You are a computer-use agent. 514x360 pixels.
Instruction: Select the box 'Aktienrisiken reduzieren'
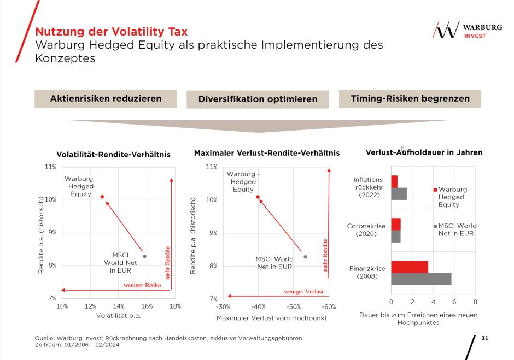click(x=106, y=99)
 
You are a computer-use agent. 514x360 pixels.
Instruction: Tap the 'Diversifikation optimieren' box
click(x=258, y=99)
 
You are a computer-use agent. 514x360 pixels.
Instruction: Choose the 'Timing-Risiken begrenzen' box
click(x=410, y=99)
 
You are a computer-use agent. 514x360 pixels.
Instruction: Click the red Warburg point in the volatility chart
click(x=102, y=197)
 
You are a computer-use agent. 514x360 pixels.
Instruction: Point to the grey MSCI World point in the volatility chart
click(x=144, y=256)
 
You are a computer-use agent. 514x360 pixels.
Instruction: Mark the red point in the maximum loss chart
click(x=258, y=197)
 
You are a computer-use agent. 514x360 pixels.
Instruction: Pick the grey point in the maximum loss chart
click(x=305, y=257)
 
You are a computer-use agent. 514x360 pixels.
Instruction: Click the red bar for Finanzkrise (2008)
click(x=410, y=267)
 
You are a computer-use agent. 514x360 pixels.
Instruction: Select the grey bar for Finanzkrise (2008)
click(x=421, y=279)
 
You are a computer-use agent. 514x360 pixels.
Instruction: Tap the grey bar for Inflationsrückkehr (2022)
click(x=399, y=193)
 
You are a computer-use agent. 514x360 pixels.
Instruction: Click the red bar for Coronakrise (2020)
click(x=396, y=223)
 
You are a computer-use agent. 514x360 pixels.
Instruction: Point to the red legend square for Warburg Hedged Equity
click(x=435, y=190)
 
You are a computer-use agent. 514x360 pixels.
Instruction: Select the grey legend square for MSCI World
click(x=435, y=226)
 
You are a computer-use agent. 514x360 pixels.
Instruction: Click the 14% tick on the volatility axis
click(x=119, y=306)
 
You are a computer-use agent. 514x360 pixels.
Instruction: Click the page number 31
click(x=484, y=339)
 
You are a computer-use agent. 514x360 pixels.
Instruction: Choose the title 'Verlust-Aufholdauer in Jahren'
click(x=424, y=152)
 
